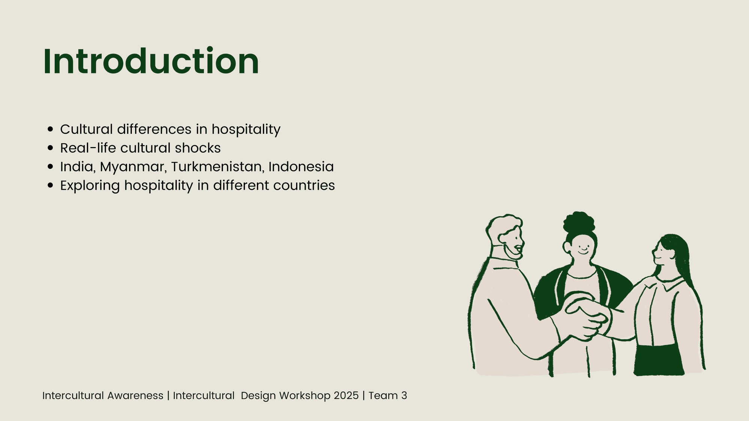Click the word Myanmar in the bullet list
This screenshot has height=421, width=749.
pos(133,167)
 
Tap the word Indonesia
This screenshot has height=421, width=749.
pos(301,167)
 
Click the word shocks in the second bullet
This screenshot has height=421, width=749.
pos(198,148)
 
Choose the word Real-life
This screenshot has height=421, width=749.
pos(88,148)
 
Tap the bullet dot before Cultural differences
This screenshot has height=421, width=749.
pos(51,129)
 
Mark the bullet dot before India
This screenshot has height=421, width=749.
pos(51,167)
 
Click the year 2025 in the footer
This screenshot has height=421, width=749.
pos(346,396)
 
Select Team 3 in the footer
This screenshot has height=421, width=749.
pos(388,396)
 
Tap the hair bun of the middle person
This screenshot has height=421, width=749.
pos(579,222)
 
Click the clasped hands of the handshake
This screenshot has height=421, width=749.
pos(586,316)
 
